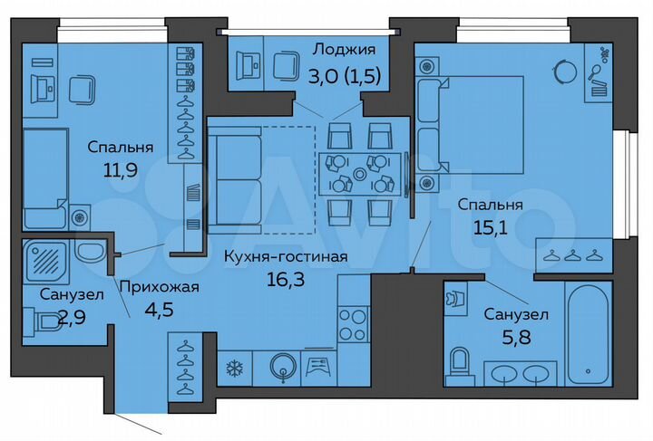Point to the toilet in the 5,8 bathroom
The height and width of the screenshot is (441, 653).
click(460, 361)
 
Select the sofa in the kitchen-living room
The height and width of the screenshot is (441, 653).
click(234, 181)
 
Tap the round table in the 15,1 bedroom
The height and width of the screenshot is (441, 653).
click(569, 72)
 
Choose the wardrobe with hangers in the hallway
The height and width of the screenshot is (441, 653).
click(186, 368)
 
